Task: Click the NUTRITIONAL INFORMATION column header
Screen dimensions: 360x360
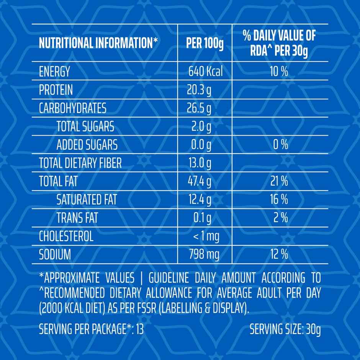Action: point(98,43)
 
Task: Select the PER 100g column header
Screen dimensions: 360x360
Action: point(205,43)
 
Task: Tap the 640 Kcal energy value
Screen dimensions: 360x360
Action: point(205,72)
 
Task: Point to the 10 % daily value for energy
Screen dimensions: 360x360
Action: point(279,72)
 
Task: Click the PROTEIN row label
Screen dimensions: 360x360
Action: point(56,90)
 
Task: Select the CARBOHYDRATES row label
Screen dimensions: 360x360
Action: point(73,108)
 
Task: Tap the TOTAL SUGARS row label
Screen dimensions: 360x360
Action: point(85,127)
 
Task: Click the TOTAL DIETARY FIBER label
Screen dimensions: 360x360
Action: point(80,164)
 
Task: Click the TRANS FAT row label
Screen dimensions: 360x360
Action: point(77,218)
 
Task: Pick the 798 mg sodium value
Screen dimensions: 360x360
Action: point(205,255)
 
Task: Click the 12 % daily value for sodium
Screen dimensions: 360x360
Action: point(279,255)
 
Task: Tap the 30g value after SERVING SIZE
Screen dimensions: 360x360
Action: point(313,329)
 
